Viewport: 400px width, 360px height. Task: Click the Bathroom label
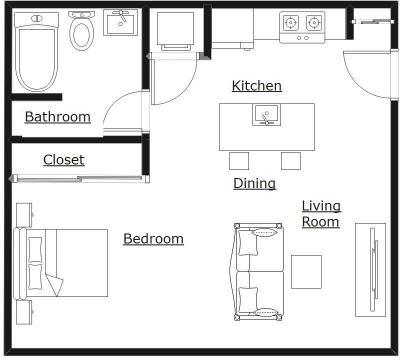(x=57, y=117)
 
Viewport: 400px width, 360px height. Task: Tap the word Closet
(x=63, y=160)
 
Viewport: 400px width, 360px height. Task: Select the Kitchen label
(x=256, y=86)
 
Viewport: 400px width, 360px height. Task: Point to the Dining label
(x=254, y=183)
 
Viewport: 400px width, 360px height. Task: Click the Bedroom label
(x=153, y=239)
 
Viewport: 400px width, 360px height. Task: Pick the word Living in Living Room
(x=321, y=206)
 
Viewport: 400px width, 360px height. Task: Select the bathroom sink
(x=120, y=23)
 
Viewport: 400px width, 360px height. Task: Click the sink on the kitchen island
(x=266, y=115)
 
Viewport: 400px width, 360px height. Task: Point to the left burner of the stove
(x=290, y=22)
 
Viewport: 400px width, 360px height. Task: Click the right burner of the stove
(x=313, y=22)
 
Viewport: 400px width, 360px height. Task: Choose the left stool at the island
(x=239, y=161)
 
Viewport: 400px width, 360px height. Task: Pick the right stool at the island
(x=290, y=161)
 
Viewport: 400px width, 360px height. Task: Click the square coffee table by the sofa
(x=306, y=271)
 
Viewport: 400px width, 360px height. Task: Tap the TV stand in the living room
(x=370, y=269)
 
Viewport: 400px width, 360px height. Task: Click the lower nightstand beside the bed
(x=23, y=312)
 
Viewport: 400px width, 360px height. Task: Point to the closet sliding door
(x=79, y=178)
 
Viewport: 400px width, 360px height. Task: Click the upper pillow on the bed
(x=35, y=249)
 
